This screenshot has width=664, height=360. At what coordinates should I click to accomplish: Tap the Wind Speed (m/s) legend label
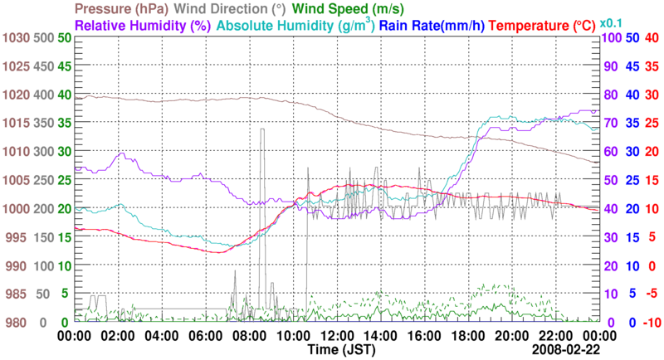pyautogui.click(x=348, y=10)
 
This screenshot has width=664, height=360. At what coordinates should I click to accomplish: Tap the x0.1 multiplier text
pyautogui.click(x=611, y=22)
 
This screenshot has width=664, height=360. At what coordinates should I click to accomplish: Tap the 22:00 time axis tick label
pyautogui.click(x=554, y=336)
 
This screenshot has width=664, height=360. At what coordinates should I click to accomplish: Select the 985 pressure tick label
pyautogui.click(x=17, y=294)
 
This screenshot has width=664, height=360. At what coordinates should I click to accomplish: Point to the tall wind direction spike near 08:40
pyautogui.click(x=261, y=130)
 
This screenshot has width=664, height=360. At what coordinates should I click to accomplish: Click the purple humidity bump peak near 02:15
pyautogui.click(x=124, y=153)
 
